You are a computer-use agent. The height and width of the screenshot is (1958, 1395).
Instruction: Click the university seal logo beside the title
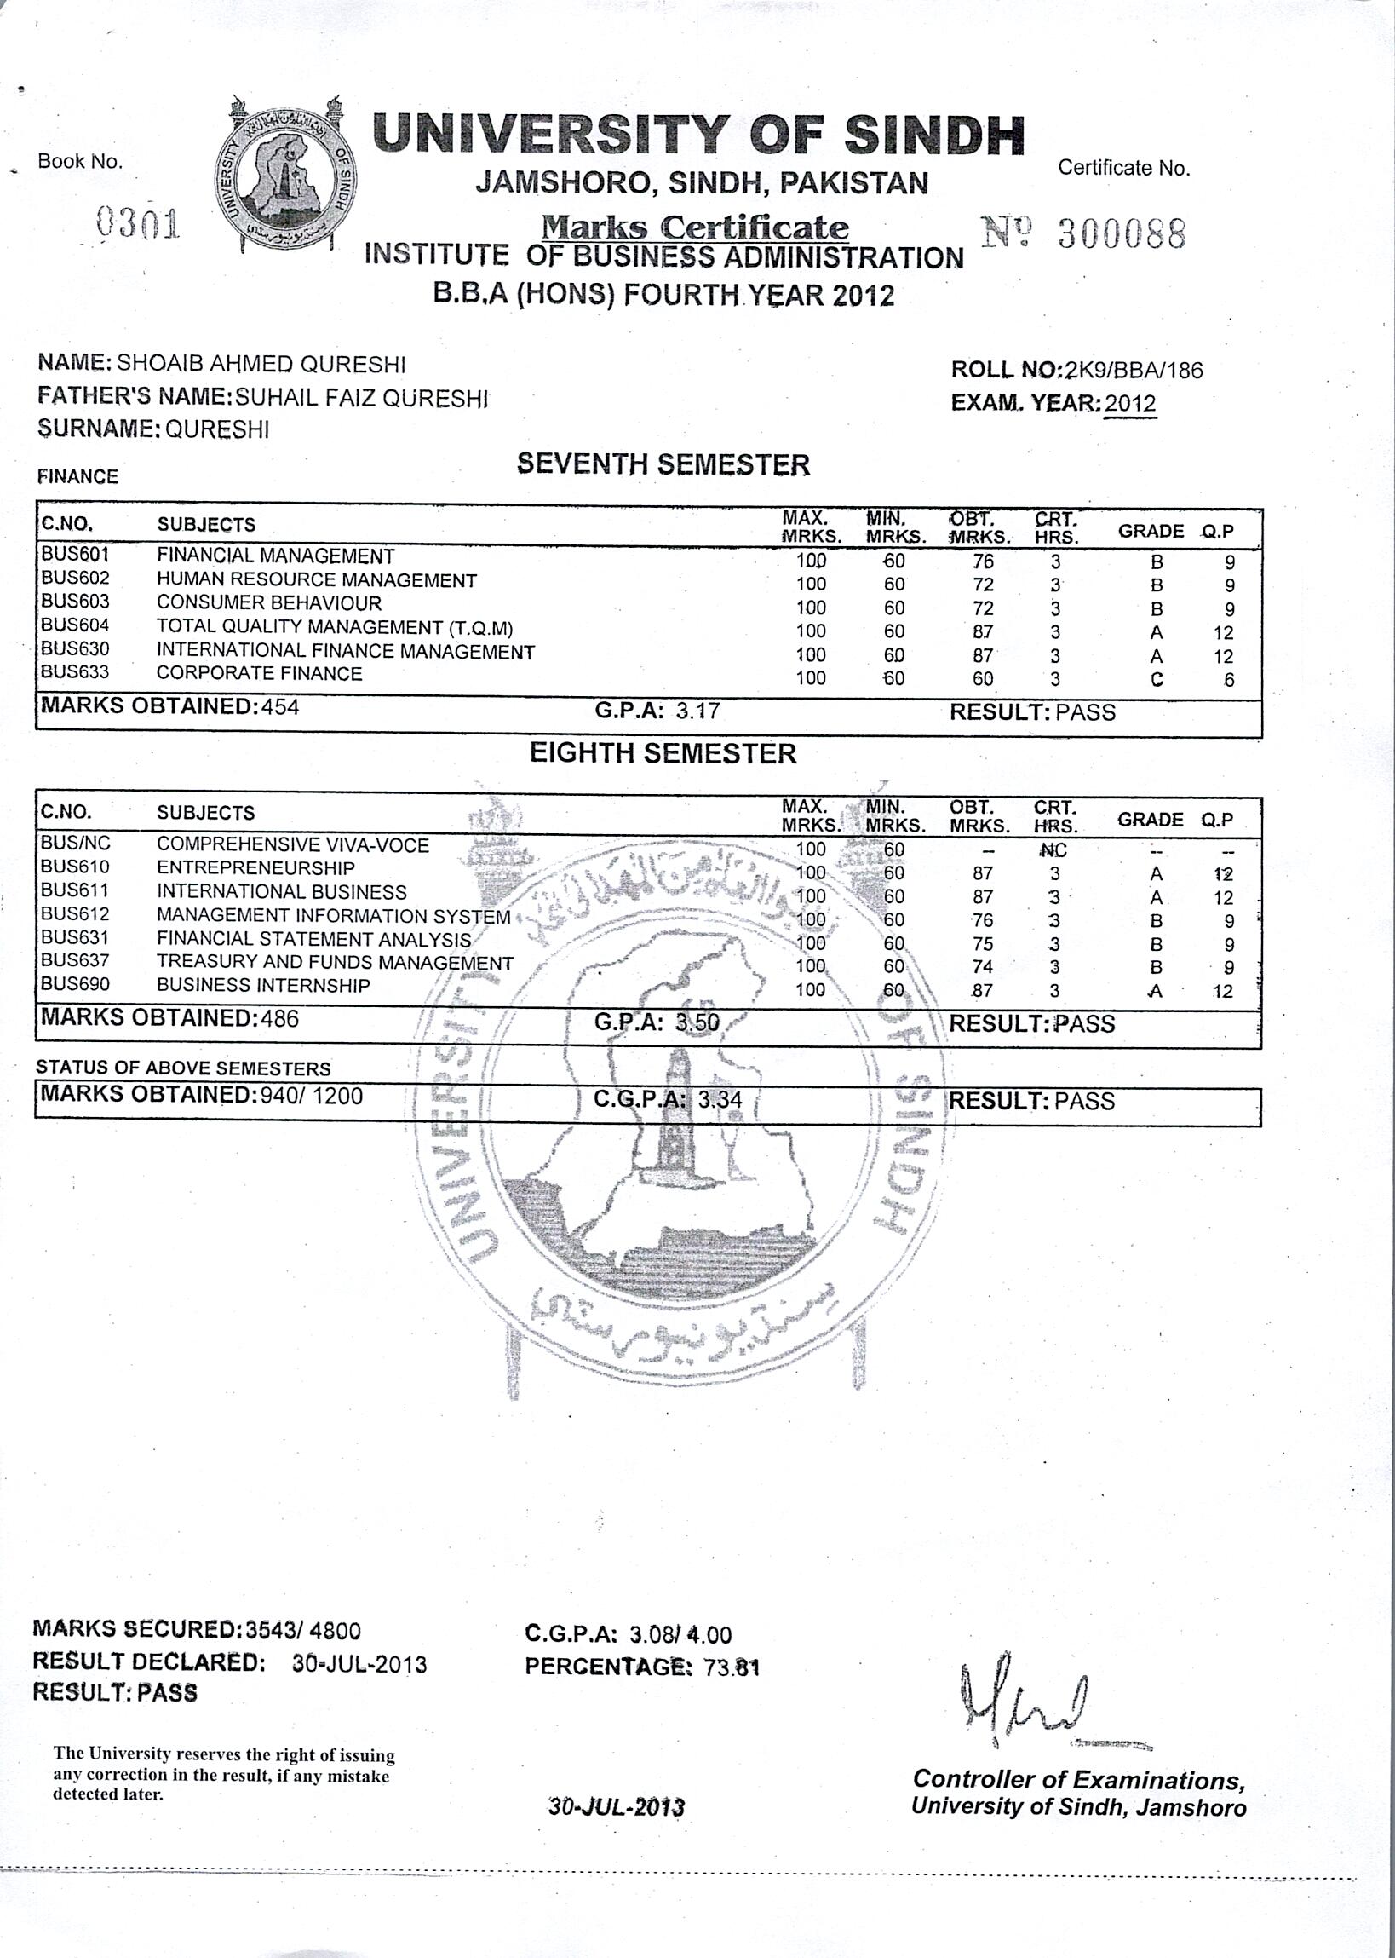coord(286,176)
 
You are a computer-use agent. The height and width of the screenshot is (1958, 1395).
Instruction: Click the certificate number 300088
coord(1121,233)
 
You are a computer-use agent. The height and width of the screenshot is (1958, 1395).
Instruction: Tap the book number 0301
coord(138,224)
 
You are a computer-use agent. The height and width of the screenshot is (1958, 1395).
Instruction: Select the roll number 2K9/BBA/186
coord(1133,371)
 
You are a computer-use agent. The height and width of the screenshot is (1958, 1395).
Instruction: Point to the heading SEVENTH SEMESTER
coord(663,465)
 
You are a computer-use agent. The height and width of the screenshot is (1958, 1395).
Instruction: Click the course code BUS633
coord(76,672)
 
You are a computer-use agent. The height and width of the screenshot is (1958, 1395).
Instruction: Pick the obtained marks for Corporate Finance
coord(983,679)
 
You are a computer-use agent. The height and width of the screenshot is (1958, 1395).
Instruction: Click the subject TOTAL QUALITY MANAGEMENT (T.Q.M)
coord(334,626)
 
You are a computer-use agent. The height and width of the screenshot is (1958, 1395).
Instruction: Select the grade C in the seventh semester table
coord(1157,680)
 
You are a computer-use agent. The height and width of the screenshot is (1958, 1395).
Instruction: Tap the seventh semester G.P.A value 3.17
coord(697,711)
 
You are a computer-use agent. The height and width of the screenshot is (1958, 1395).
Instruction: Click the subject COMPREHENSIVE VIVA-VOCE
coord(292,844)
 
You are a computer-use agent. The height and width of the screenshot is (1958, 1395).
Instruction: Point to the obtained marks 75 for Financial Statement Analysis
coord(983,944)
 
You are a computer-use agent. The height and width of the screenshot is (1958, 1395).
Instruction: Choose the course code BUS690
coord(76,985)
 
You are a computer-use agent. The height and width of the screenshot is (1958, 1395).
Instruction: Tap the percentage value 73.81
coord(731,1667)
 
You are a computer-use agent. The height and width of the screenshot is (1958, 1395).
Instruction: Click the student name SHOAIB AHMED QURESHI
coord(261,364)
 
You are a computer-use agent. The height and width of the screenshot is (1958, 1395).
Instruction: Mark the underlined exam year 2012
coord(1130,403)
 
